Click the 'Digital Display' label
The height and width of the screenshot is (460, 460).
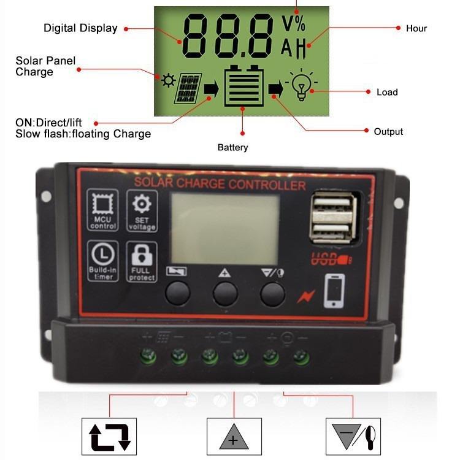(80, 28)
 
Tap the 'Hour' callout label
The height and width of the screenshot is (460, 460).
(416, 28)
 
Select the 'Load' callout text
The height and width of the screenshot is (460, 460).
(387, 92)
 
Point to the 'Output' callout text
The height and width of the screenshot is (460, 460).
(388, 132)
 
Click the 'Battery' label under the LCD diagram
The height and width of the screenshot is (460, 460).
(233, 147)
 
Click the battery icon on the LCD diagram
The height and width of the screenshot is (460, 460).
(243, 86)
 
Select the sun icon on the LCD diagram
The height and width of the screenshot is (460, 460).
(167, 80)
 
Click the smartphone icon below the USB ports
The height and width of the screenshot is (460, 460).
(334, 290)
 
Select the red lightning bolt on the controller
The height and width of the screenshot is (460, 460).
(305, 297)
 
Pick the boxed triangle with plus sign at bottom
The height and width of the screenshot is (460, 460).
(233, 437)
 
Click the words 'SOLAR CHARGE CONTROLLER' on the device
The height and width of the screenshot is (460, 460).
(220, 184)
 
